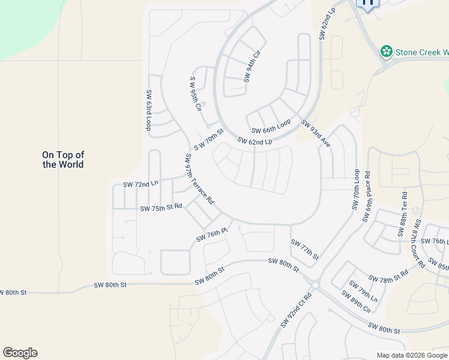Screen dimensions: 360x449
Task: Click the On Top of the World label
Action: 63,160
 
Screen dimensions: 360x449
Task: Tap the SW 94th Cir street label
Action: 253,67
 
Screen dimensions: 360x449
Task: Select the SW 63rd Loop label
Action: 148,110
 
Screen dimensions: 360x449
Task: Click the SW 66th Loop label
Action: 271,127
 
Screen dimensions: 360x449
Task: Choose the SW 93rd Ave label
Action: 316,134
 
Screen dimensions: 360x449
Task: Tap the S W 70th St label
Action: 208,140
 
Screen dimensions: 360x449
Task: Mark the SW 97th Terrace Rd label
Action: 199,179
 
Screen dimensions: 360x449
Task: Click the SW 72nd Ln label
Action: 140,184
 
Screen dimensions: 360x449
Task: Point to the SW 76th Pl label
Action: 212,235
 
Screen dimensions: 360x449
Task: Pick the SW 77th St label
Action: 304,250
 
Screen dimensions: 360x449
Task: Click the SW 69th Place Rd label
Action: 367,199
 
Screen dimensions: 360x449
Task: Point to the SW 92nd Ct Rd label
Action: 297,310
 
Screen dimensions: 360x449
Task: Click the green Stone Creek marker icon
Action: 387,52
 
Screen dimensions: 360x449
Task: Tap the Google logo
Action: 20,353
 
